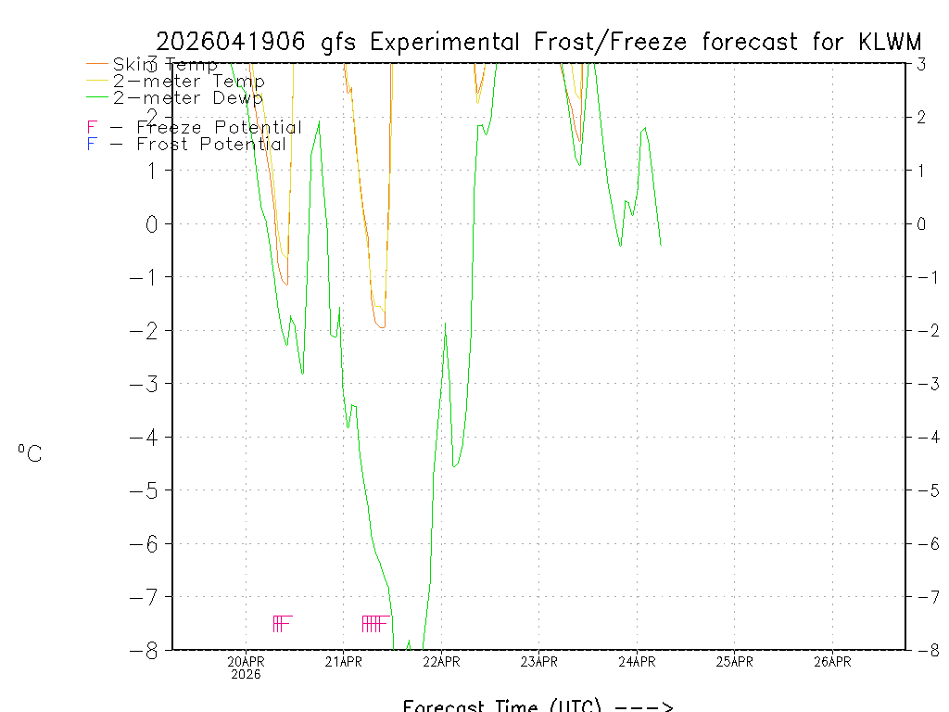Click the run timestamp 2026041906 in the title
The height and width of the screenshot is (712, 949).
pos(234,42)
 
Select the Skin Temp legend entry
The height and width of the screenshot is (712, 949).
pos(165,65)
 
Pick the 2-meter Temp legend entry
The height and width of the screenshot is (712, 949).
pos(188,82)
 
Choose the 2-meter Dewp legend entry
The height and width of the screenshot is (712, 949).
pos(187,97)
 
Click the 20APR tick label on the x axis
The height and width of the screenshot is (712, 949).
pos(246,662)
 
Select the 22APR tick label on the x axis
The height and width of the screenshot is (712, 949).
pos(441,662)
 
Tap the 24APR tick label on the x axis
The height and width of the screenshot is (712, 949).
pos(637,662)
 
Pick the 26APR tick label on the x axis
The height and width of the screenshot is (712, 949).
pos(832,662)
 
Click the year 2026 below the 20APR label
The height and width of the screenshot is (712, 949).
pos(246,675)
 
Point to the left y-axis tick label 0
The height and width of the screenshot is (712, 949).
pos(154,223)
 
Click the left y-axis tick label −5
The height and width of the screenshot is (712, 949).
pos(148,490)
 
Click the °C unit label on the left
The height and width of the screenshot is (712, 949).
pos(30,453)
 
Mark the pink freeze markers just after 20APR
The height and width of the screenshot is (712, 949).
pos(283,623)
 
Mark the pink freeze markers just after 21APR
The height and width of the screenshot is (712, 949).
pos(374,623)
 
